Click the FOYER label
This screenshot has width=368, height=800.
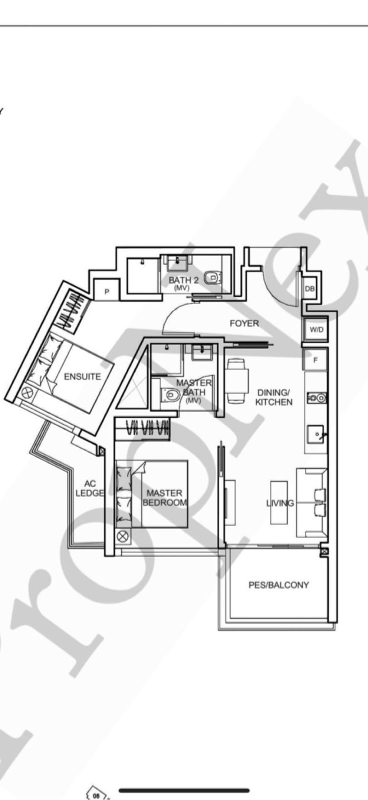pyautogui.click(x=244, y=323)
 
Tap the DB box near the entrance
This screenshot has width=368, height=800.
pyautogui.click(x=309, y=288)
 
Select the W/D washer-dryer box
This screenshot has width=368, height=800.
pyautogui.click(x=316, y=330)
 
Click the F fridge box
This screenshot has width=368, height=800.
pyautogui.click(x=315, y=359)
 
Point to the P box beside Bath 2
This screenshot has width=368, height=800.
pyautogui.click(x=106, y=291)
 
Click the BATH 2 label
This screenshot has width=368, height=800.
pyautogui.click(x=183, y=280)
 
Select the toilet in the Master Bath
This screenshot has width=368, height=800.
pyautogui.click(x=170, y=395)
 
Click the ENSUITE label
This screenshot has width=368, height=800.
pyautogui.click(x=82, y=376)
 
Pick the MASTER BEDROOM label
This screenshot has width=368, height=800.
pyautogui.click(x=164, y=497)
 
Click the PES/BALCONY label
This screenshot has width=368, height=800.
pyautogui.click(x=278, y=584)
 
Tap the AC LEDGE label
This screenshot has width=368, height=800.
pyautogui.click(x=90, y=488)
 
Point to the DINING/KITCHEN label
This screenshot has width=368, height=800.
pyautogui.click(x=273, y=397)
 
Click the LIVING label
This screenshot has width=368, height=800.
pyautogui.click(x=280, y=503)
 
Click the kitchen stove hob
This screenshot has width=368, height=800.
pyautogui.click(x=317, y=398)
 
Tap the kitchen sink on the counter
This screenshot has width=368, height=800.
pyautogui.click(x=316, y=433)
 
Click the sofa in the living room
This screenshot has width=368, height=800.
pyautogui.click(x=312, y=502)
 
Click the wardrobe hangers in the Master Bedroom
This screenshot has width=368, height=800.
pyautogui.click(x=148, y=428)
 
